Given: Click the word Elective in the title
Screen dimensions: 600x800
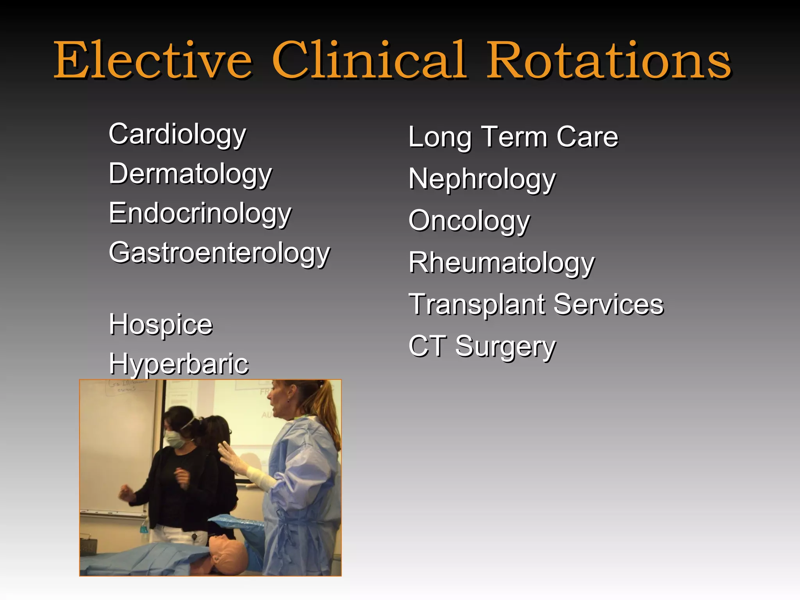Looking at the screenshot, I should (152, 61).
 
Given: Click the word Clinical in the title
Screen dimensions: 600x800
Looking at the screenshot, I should (369, 61).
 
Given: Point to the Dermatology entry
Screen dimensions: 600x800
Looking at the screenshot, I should (190, 174).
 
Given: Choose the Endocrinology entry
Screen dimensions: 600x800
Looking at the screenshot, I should (200, 214).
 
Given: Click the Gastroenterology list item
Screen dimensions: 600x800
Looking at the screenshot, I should (220, 253).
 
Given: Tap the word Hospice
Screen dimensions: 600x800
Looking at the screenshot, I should (161, 324).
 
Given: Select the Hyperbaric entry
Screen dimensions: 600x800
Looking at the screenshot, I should (179, 364).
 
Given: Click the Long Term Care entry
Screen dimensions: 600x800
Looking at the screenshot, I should (513, 137).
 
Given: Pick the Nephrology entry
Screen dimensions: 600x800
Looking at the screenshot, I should (482, 179).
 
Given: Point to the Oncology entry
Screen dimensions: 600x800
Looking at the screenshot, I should (469, 221).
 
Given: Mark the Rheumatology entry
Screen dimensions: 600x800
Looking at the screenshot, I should (501, 263).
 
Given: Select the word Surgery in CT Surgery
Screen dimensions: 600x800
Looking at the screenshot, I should (505, 347).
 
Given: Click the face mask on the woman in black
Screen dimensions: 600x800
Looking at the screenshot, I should (175, 439).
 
